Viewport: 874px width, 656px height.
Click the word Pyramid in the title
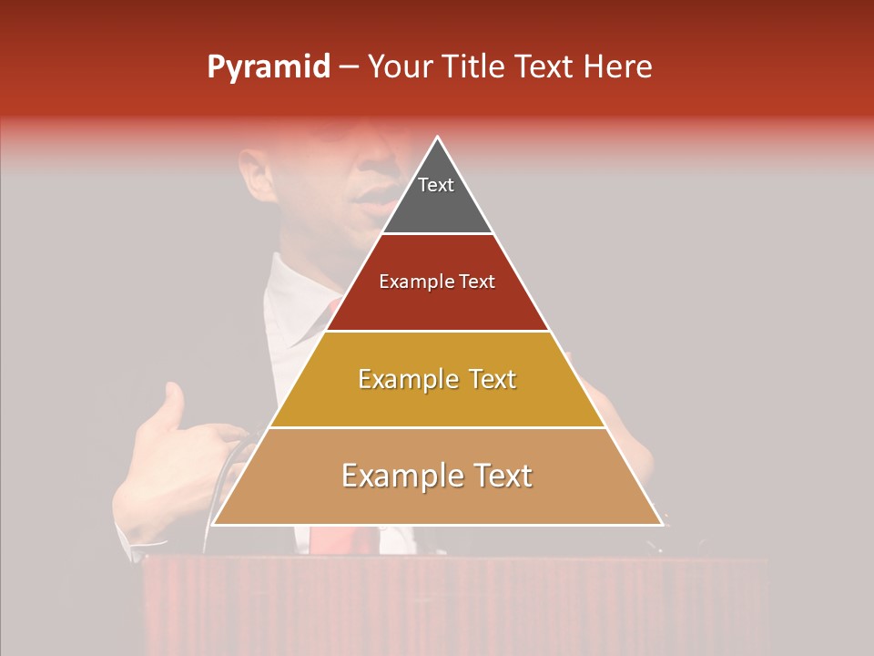coord(269,67)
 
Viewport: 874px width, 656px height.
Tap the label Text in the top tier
coord(436,185)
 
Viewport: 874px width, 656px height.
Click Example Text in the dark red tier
coord(437,282)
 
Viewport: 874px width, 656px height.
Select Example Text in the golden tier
coord(437,379)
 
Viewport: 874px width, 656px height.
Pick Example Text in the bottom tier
coord(437,476)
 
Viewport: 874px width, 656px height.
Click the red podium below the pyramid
coord(455,601)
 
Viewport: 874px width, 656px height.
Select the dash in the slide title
coord(349,67)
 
